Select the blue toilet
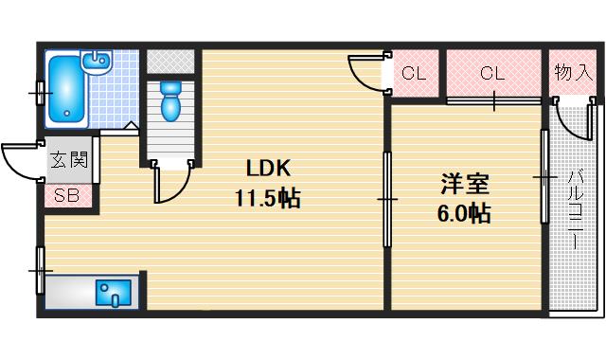pos(170,101)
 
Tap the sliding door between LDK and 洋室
pos(386,199)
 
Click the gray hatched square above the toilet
pos(170,60)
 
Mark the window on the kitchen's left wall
pos(40,270)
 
